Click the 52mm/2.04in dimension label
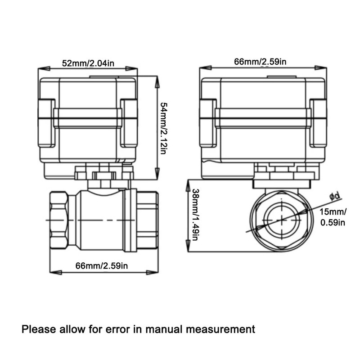coord(88,63)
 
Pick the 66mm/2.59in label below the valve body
coord(102,266)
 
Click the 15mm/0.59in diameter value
coord(333,217)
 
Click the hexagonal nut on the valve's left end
coord(59,220)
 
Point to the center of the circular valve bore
coord(282,220)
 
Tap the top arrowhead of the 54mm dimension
coord(157,81)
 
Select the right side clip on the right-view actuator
coord(318,123)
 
